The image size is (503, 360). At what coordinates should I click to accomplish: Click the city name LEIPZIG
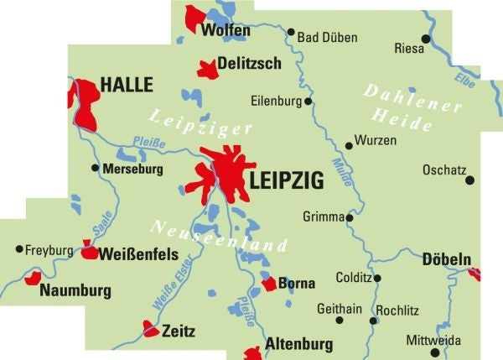tap(286, 180)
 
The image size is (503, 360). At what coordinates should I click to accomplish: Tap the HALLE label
tap(127, 85)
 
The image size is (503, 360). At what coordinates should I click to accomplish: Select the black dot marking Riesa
tap(426, 39)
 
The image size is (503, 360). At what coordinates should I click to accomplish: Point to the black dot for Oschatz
tap(469, 180)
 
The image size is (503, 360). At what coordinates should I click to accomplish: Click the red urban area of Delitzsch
tap(207, 69)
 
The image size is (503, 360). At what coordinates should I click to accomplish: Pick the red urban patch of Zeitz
tap(151, 328)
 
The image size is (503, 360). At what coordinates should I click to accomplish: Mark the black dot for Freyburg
tap(19, 248)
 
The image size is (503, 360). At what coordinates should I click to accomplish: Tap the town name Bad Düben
tap(328, 38)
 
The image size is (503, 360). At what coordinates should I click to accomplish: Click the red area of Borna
tap(268, 284)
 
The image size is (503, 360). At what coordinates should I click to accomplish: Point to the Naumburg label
tap(75, 291)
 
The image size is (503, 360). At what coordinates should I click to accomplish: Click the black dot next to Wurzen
tap(349, 145)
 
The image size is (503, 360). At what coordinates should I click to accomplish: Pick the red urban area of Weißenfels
tap(89, 249)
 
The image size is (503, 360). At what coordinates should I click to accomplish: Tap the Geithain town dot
tap(340, 320)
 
